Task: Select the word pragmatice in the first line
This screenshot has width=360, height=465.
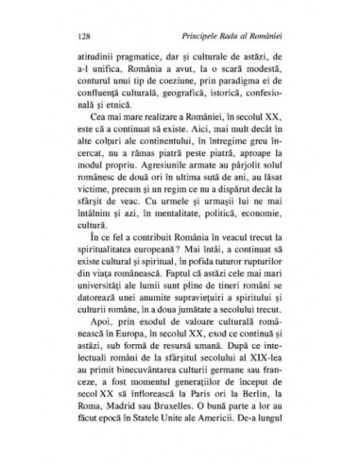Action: click(131, 59)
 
